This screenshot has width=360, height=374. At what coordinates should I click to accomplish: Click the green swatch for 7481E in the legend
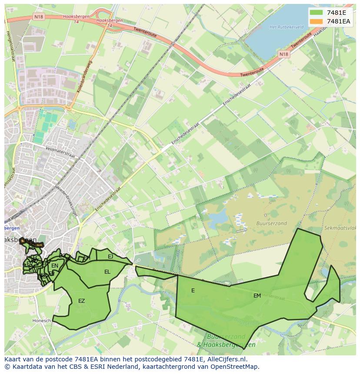(x=317, y=13)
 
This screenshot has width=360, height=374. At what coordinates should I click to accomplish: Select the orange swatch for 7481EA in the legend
(x=317, y=21)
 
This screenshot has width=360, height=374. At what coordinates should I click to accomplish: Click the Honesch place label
(x=42, y=321)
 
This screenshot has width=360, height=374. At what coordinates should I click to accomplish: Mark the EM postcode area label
(x=257, y=296)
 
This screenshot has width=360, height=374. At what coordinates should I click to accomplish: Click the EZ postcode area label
(x=81, y=301)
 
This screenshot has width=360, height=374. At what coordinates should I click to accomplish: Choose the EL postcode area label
(x=107, y=272)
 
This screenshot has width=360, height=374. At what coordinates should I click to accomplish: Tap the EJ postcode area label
(x=110, y=257)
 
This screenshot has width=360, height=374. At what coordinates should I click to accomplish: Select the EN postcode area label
(x=55, y=266)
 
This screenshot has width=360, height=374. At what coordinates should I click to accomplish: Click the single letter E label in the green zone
(x=193, y=291)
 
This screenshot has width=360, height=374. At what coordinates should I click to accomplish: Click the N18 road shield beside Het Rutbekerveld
(x=283, y=54)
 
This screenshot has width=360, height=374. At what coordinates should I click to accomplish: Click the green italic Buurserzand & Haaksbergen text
(x=226, y=341)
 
